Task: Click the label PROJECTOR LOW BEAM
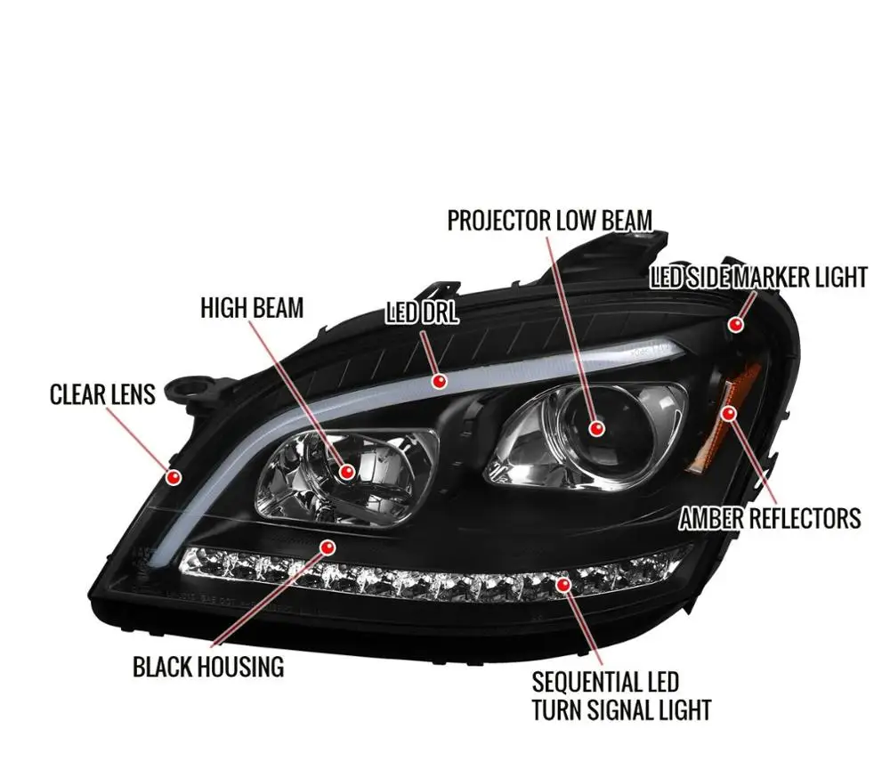coord(549,220)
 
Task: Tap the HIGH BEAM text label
coord(252,308)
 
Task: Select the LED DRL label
coord(422,312)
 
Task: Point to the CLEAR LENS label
coord(102,393)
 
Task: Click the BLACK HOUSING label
coord(208,666)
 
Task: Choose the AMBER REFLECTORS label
coord(770,517)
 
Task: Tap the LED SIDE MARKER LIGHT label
coord(758,277)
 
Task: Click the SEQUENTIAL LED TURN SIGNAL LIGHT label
coord(621,696)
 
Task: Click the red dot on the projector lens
coord(596,429)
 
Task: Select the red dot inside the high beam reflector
coord(346,473)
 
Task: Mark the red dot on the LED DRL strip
coord(439,381)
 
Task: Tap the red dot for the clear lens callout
coord(174,478)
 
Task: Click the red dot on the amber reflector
coord(730,412)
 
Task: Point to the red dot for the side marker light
coord(735,325)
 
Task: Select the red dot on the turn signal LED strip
coord(562,584)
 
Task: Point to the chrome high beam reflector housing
coord(347,476)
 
